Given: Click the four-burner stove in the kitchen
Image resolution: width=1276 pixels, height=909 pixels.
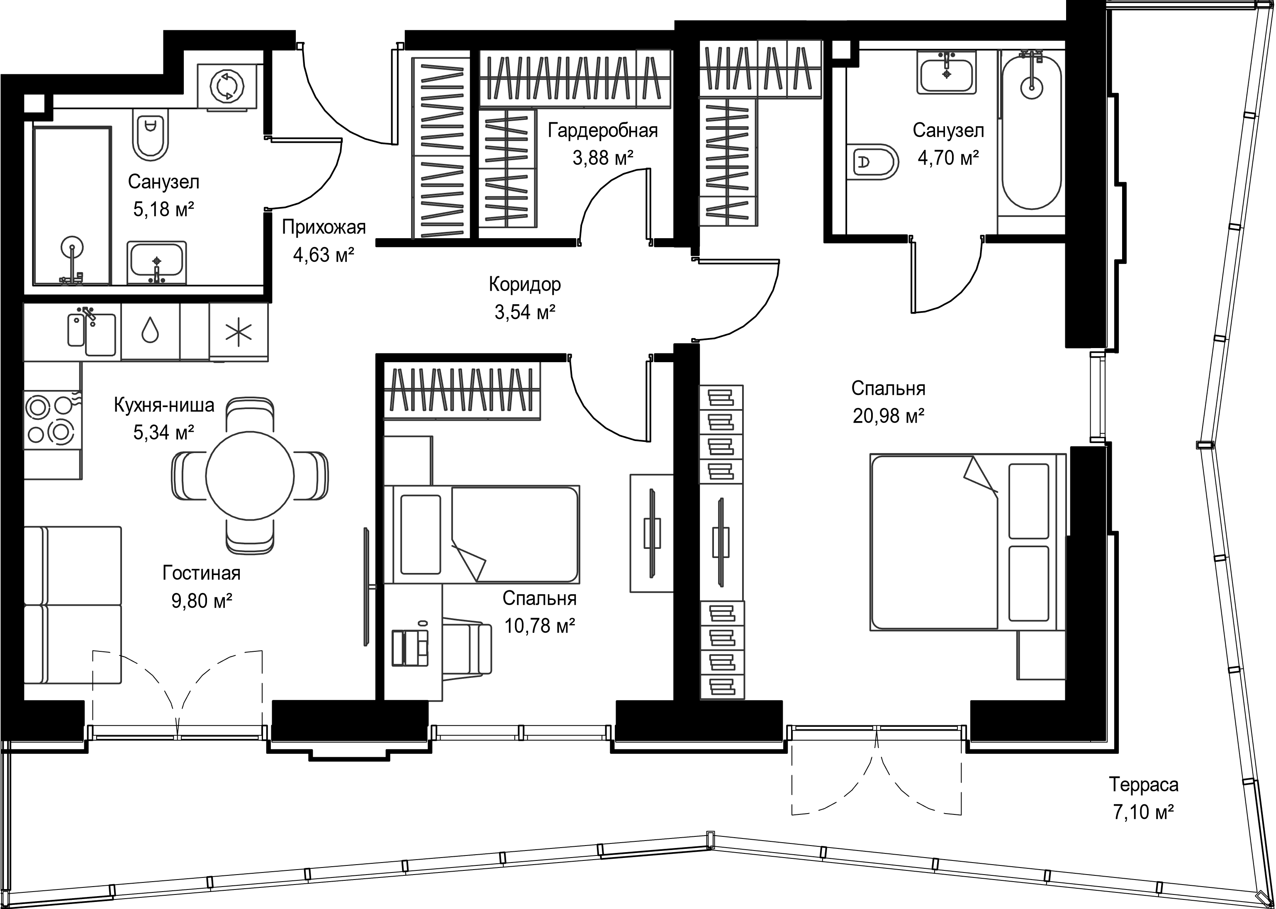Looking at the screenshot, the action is tap(52, 420).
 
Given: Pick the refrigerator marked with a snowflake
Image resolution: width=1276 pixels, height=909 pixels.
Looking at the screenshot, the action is tap(239, 332).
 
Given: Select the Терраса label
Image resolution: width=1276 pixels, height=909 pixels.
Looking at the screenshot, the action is tap(1143, 784).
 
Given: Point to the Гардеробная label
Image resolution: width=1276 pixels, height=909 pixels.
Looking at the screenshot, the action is tap(603, 130).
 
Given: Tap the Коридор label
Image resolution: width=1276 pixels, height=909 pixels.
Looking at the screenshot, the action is tap(524, 284).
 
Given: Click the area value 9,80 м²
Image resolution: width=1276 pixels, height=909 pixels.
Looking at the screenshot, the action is tap(202, 601).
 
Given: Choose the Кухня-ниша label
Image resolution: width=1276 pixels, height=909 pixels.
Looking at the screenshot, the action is tap(164, 404).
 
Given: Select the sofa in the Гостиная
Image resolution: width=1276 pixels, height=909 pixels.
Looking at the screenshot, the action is tap(73, 604).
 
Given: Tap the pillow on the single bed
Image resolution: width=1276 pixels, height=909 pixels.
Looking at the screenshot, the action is tap(421, 534).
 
